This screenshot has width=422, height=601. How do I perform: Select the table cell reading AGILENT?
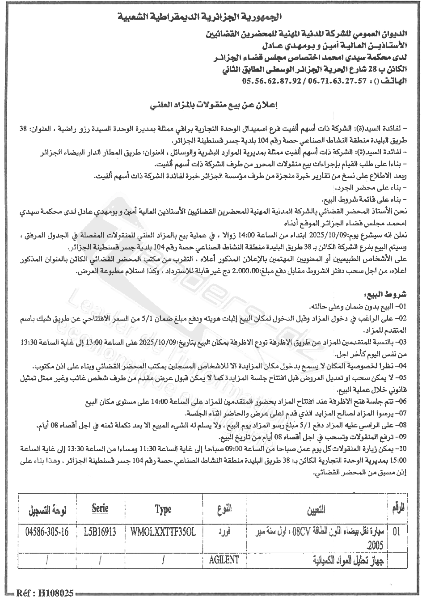coord(224,559)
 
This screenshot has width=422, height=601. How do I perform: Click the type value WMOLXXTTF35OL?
coord(164,532)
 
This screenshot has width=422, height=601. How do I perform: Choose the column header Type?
coord(164,509)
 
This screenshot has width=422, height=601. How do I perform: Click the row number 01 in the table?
coord(397,532)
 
